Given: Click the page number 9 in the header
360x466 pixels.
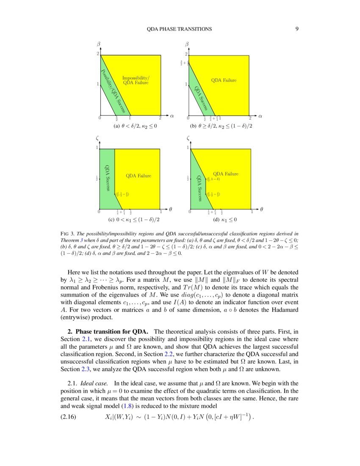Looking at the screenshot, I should point(297,29).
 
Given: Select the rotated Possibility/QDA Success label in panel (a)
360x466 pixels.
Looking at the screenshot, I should point(113,91).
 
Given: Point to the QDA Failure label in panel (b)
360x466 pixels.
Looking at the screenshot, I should point(224,80).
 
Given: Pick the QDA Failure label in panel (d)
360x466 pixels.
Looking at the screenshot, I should point(225,174).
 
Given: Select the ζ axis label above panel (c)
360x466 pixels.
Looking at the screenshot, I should point(98,138).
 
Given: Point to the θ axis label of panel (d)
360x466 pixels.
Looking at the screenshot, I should point(261,209).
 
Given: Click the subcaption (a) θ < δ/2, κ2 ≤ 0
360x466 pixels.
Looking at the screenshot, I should point(133,126).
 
